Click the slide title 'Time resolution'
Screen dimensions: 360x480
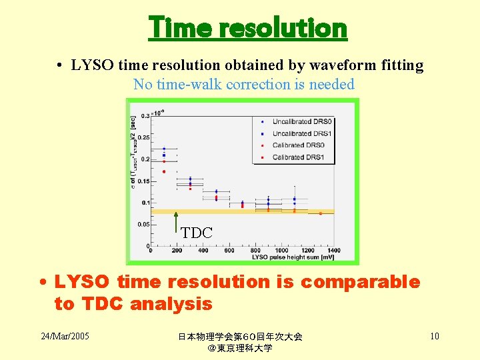[247, 28]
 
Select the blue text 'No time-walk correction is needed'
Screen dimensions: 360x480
[243, 85]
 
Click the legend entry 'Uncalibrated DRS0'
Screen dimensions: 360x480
[301, 121]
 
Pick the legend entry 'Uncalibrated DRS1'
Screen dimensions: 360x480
[301, 133]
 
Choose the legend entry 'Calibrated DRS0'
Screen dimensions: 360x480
[298, 145]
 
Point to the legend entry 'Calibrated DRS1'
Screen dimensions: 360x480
[298, 157]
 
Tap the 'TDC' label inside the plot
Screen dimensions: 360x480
[197, 233]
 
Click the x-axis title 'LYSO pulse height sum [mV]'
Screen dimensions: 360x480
[293, 257]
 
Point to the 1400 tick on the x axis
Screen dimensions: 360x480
[333, 251]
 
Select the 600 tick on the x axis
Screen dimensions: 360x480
[229, 251]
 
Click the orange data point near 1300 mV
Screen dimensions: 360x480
[321, 213]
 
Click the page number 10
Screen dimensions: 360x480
[434, 336]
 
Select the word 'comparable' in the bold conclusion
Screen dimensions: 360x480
[360, 282]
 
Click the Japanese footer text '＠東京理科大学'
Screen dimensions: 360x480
[240, 348]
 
